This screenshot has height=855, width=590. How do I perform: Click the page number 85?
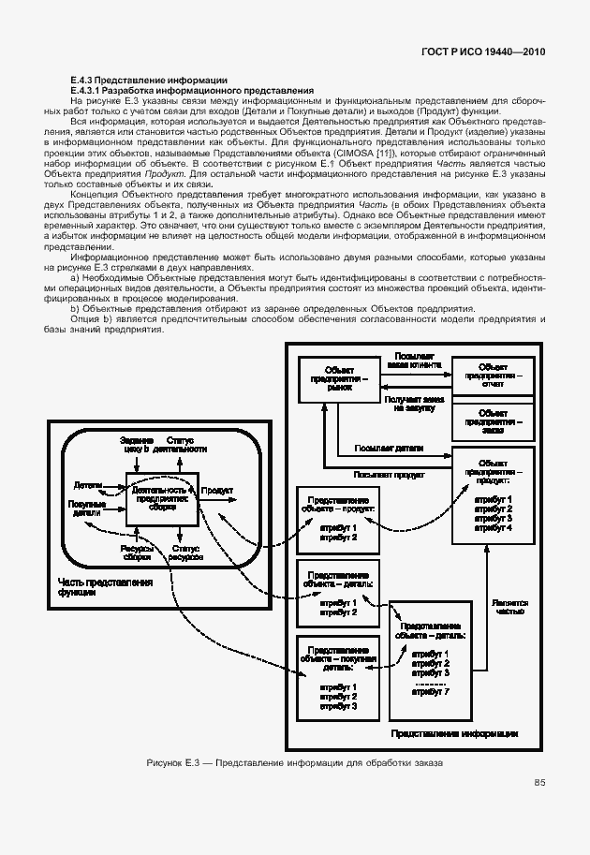(x=539, y=783)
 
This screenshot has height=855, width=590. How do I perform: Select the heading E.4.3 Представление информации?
(x=143, y=81)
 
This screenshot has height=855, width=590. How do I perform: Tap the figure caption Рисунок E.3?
(x=295, y=763)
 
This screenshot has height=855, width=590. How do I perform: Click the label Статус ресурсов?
(x=186, y=553)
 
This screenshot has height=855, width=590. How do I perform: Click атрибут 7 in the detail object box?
(x=431, y=692)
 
